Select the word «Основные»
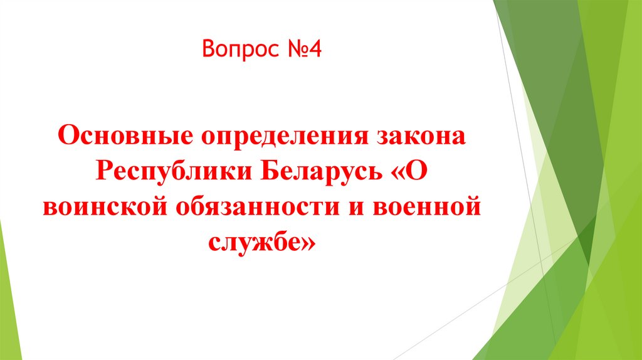coord(124,136)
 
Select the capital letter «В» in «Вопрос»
coord(208,48)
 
